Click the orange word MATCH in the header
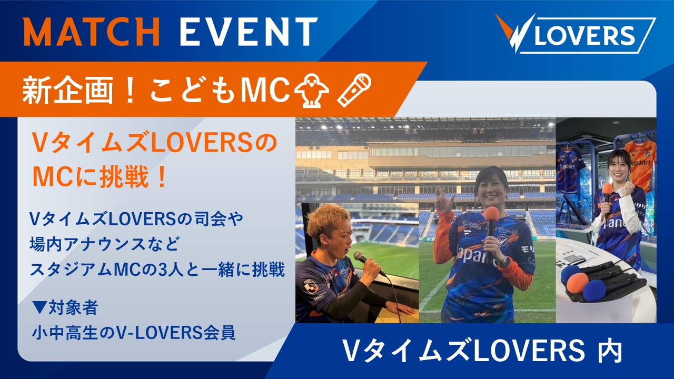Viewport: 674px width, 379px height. (92, 31)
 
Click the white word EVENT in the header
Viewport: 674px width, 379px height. (249, 31)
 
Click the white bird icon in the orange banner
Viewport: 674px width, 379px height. (311, 90)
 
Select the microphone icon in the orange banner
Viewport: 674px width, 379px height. (354, 90)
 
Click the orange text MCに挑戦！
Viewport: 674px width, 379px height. (100, 177)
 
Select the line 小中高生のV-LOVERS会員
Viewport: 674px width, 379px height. (134, 333)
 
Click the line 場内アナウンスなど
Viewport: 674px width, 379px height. (104, 244)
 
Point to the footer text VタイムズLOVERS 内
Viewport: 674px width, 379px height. (482, 351)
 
